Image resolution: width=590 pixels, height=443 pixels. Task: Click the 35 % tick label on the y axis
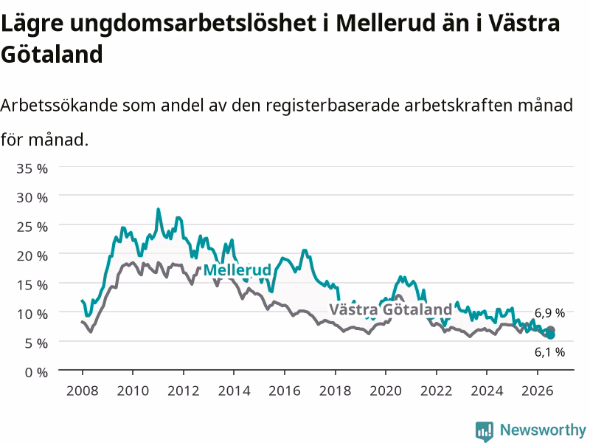[32, 168]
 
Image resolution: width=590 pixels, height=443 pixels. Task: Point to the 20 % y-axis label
[32, 256]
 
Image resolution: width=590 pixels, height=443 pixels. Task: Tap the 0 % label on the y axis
[36, 373]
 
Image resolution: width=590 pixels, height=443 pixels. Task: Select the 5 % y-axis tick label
[36, 343]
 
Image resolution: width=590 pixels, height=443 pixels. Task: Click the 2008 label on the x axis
[83, 391]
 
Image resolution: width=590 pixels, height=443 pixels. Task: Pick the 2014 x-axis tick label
[234, 391]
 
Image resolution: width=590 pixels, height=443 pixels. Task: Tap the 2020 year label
[386, 391]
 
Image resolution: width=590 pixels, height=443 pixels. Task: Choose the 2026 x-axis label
[538, 391]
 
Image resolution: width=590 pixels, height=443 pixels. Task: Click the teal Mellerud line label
[237, 270]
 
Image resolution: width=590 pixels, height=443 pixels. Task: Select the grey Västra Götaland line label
[391, 309]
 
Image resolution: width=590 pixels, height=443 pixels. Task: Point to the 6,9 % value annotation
[549, 312]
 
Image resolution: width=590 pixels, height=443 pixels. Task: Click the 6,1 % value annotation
[549, 352]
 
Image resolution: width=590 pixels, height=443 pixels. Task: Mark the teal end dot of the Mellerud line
[550, 335]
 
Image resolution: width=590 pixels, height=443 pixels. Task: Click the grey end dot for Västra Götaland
[550, 330]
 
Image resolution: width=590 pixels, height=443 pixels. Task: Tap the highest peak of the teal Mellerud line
[158, 209]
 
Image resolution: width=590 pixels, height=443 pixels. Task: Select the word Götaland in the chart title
[52, 54]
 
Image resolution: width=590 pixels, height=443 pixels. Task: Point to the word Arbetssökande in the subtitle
[59, 105]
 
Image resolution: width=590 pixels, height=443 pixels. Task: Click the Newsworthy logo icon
[485, 431]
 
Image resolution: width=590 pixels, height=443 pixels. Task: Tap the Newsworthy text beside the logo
[543, 430]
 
